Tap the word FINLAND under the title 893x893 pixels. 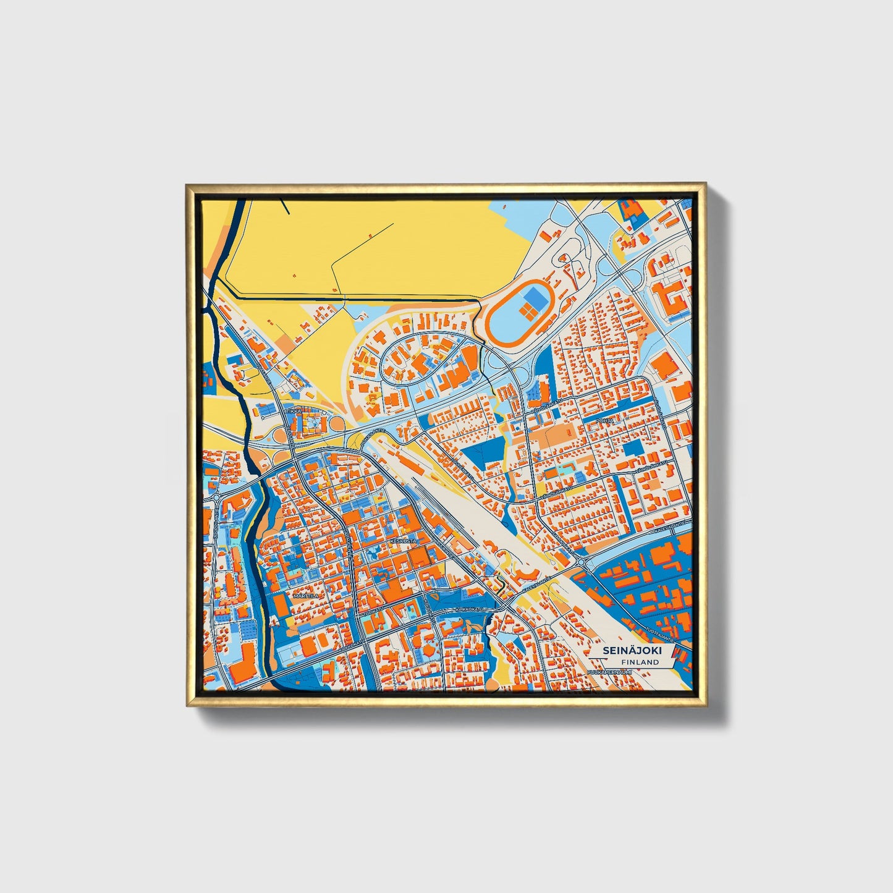(x=640, y=662)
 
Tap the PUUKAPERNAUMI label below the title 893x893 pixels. (x=609, y=671)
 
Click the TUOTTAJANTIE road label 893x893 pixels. (x=662, y=630)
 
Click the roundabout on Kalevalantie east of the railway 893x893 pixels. (x=580, y=562)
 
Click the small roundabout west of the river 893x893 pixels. (x=217, y=498)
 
